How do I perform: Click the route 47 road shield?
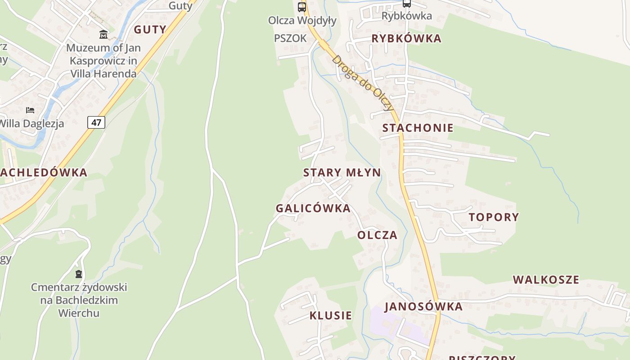pos(96,122)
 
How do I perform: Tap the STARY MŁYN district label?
pos(342,172)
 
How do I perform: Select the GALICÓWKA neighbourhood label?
pos(313,208)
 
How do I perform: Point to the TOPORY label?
pos(494,217)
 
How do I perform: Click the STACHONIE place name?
pos(418,128)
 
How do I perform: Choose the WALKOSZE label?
pos(546,280)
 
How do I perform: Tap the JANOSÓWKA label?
pos(423,307)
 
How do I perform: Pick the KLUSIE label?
pos(330,315)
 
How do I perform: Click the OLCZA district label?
pos(377,235)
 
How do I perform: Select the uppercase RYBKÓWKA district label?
pos(406,39)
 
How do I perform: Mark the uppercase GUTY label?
pos(150,30)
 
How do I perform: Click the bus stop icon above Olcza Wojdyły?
pos(302,7)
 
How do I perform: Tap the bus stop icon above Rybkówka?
pos(406,4)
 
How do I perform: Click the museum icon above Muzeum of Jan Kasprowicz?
pos(103,34)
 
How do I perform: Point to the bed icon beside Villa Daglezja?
pos(30,110)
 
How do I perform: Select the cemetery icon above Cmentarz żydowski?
pos(79,274)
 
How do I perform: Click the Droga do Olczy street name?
pos(363,83)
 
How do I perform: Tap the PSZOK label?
pos(290,38)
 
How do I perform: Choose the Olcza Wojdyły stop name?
pos(302,21)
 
